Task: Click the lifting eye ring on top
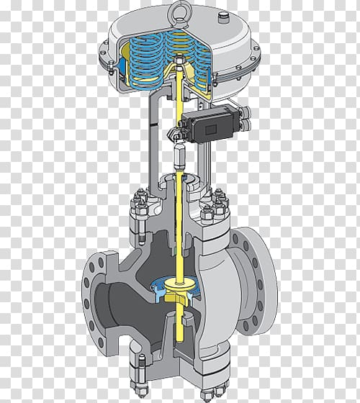click(x=179, y=12)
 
